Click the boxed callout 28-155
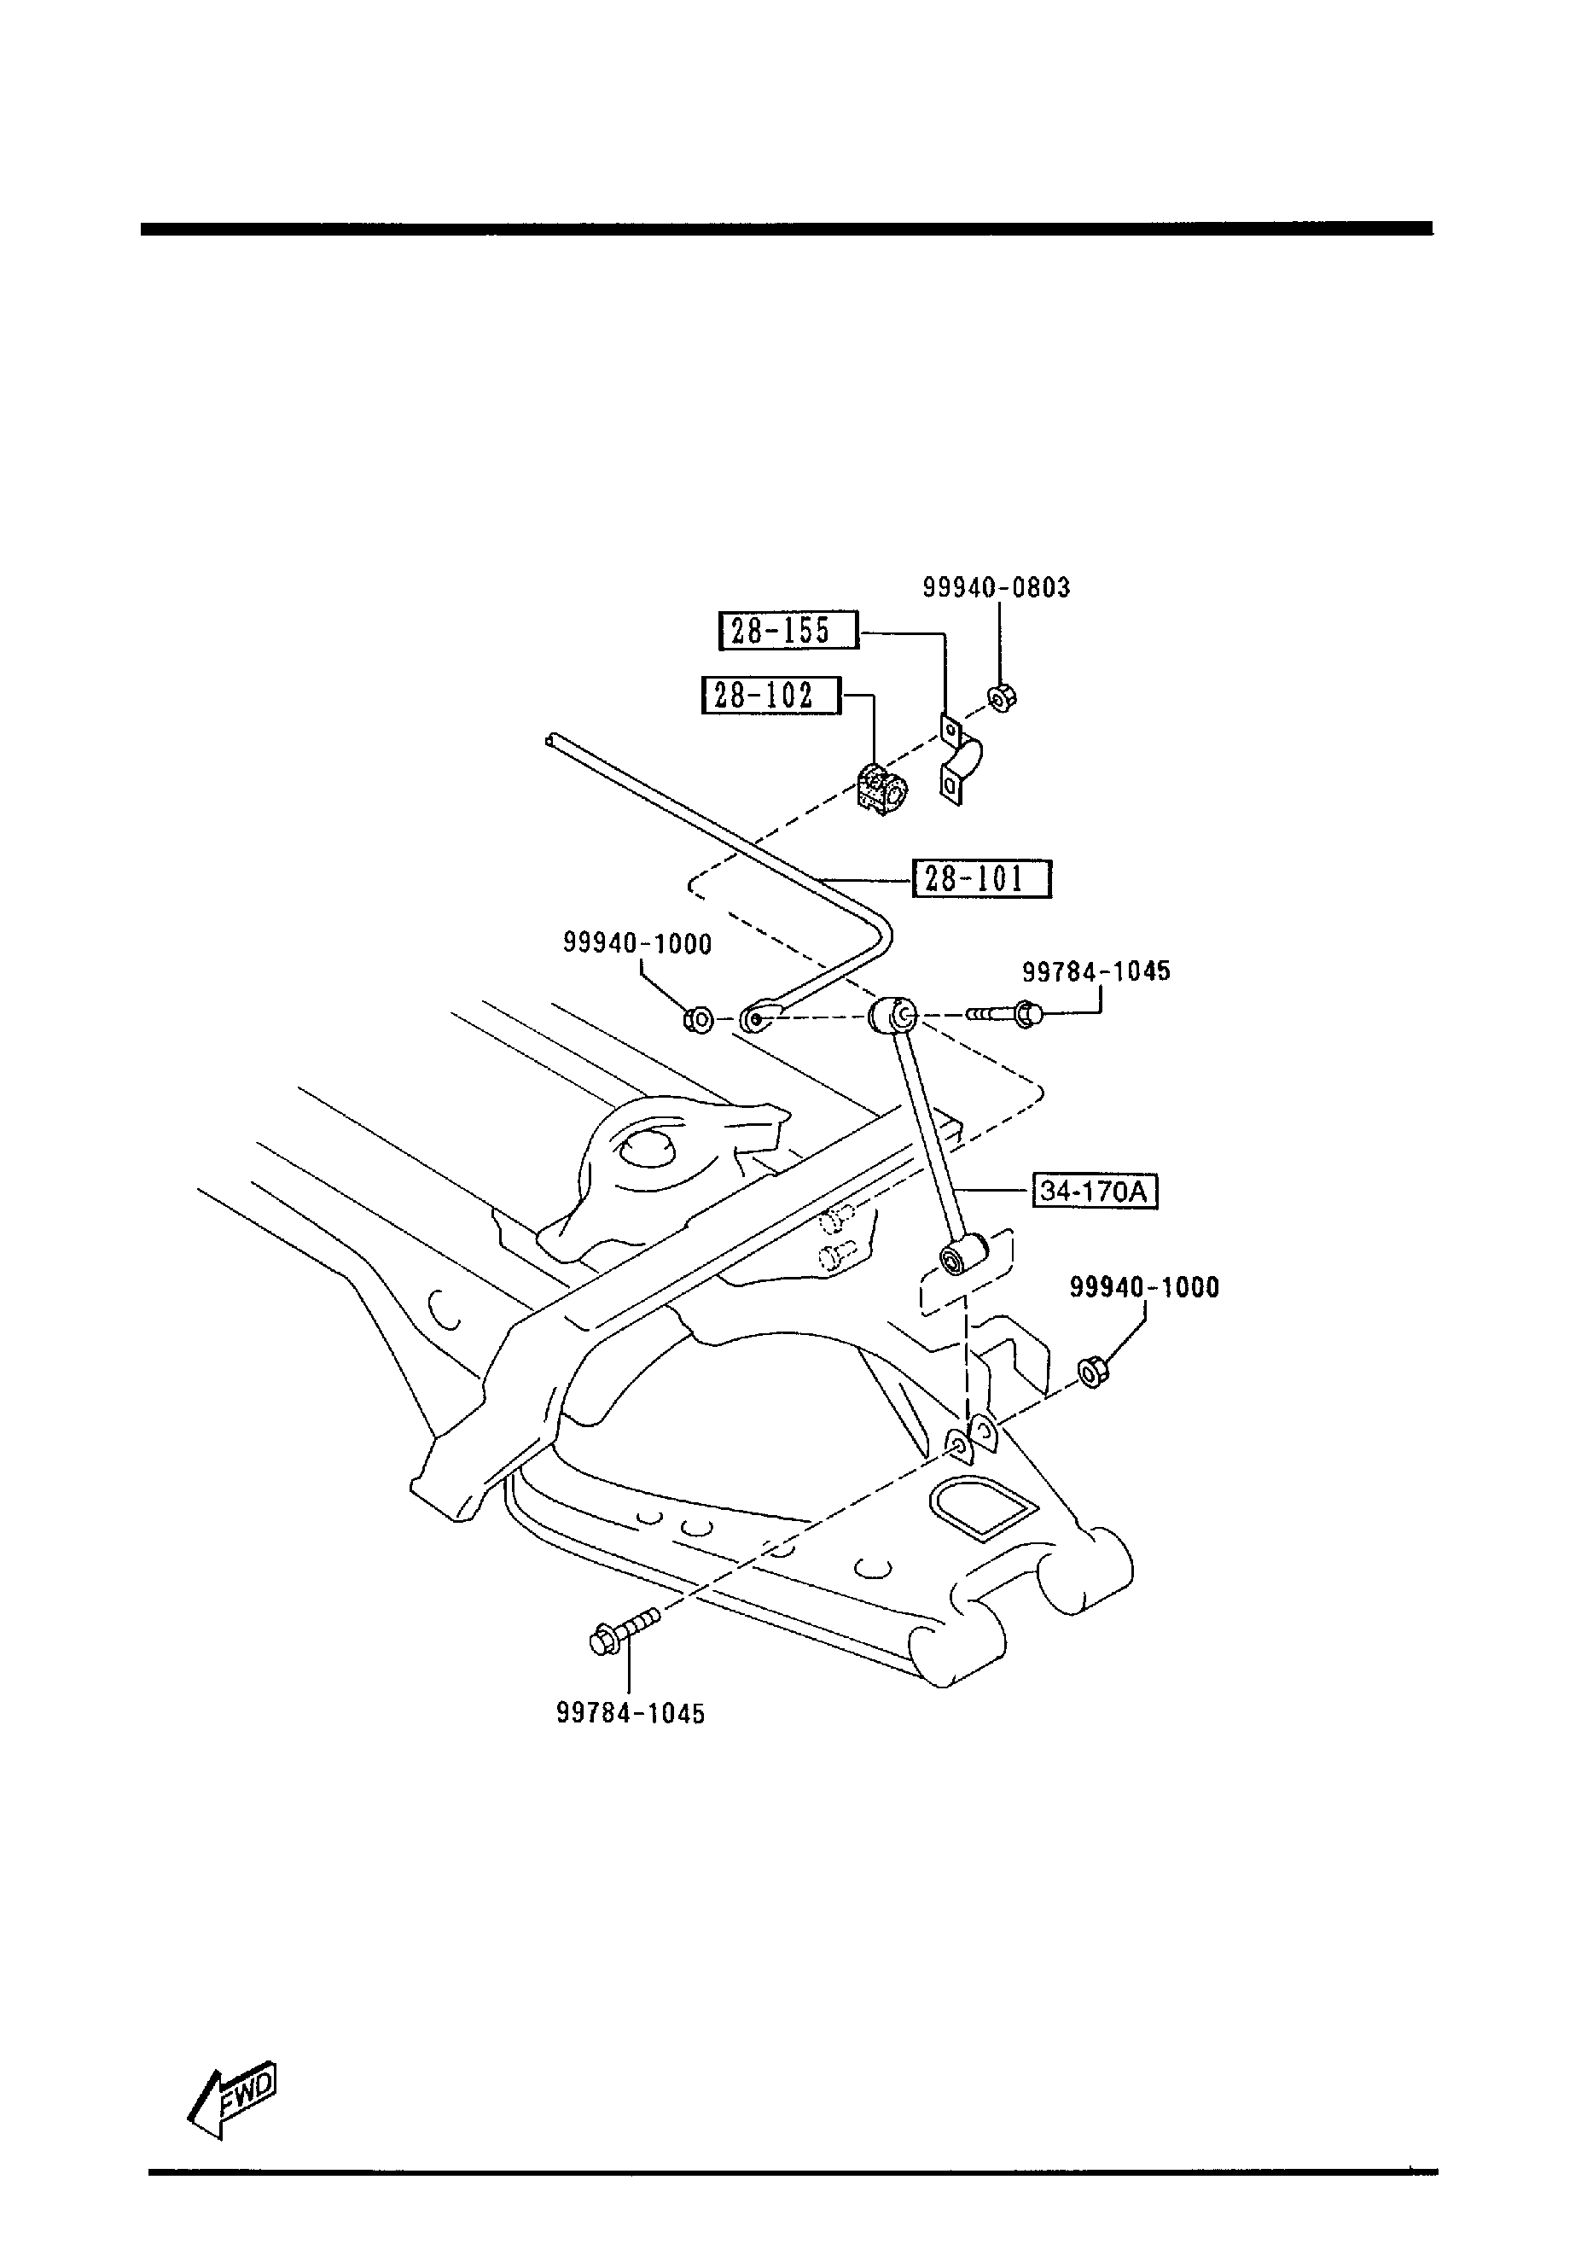788,631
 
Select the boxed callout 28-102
771,695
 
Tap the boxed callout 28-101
981,878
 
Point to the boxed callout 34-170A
1095,1192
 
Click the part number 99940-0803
997,587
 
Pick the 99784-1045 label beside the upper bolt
1096,971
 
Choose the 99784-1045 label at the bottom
631,1713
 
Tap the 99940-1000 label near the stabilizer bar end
637,943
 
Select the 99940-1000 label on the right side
1144,1287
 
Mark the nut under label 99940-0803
1003,698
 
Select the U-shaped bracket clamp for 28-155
961,760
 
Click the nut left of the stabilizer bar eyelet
698,1020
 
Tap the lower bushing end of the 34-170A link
962,1255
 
